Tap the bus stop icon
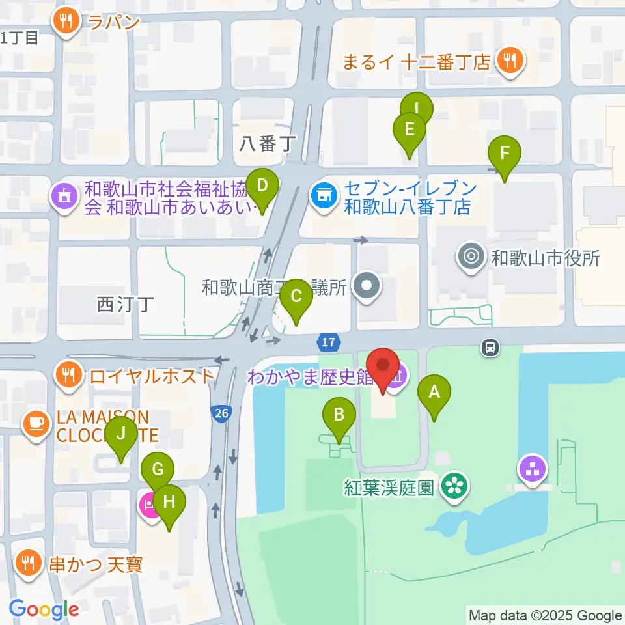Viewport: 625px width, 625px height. pos(490,348)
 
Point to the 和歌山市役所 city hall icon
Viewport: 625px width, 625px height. pos(471,256)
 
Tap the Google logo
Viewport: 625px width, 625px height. pos(44,609)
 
